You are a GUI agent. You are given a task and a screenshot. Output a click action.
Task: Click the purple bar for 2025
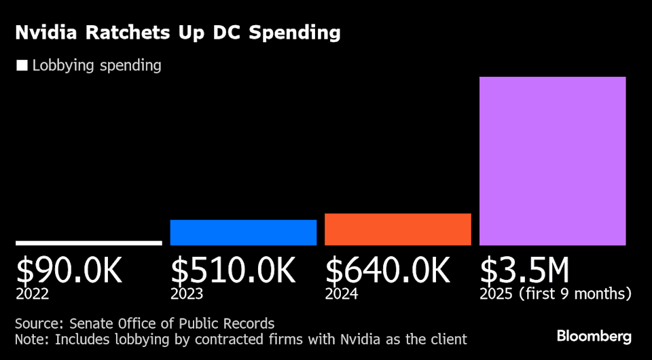coord(552,161)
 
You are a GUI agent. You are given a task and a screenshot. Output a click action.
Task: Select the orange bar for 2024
coord(397,230)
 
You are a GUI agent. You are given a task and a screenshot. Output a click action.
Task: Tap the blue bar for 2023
coord(243,232)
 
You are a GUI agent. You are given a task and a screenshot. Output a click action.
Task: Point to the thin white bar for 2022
coord(89,242)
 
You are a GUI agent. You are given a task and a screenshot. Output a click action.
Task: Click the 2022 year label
coord(31,294)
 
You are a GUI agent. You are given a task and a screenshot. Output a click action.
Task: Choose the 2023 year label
coord(187,294)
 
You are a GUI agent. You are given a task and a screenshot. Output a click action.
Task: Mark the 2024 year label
coord(342,294)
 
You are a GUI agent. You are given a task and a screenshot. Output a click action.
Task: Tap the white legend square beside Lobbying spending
coord(22,66)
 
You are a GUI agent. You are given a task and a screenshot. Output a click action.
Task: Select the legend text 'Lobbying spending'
coord(96,66)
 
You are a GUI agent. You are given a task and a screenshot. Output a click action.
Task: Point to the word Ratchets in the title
coord(128,33)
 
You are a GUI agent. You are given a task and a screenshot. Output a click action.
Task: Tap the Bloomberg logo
coord(594,336)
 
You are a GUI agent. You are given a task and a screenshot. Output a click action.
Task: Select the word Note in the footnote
coord(30,338)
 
